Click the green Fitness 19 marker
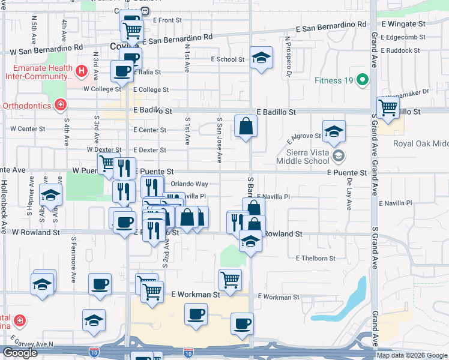pyautogui.click(x=362, y=80)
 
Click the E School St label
pyautogui.click(x=228, y=59)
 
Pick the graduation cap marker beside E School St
pyautogui.click(x=261, y=58)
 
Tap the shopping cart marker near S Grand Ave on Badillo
pyautogui.click(x=388, y=109)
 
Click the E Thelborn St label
pyautogui.click(x=315, y=258)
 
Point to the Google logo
pyautogui.click(x=20, y=353)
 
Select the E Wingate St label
pyautogui.click(x=403, y=25)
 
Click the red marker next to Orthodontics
pyautogui.click(x=60, y=106)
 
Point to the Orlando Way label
pyautogui.click(x=189, y=184)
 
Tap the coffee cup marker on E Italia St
pyautogui.click(x=122, y=71)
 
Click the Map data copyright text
pyautogui.click(x=411, y=355)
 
